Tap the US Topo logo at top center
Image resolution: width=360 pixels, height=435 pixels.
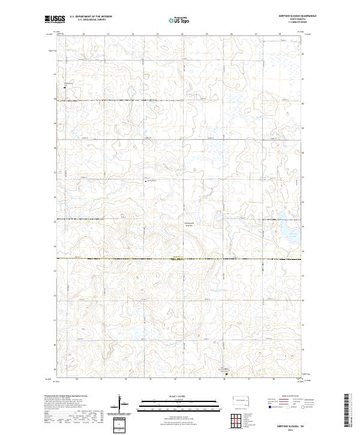[x=181, y=20]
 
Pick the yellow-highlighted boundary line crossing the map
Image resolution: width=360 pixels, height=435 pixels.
[x=180, y=259]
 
